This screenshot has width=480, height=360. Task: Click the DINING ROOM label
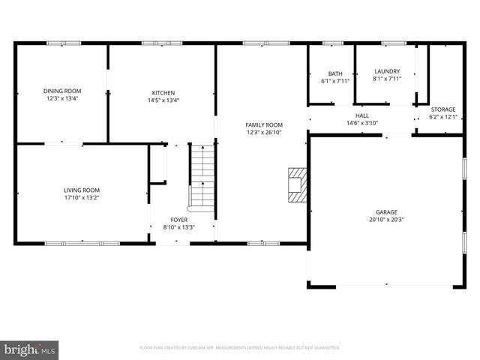coord(61,91)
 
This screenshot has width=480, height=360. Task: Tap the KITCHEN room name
coord(163,91)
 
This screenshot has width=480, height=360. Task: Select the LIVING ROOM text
coord(81,190)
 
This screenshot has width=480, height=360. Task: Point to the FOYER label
coord(178,219)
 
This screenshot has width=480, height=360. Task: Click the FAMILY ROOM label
coord(264,124)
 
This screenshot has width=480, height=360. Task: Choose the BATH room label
coord(335,73)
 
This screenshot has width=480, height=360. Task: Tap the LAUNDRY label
coord(387,71)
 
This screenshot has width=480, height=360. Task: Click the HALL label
coord(361,115)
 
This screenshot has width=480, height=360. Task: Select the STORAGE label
coord(442,109)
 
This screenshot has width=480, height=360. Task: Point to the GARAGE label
coord(386,212)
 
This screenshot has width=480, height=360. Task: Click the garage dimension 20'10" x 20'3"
coord(386,220)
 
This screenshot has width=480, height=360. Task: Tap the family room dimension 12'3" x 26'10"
coord(264,132)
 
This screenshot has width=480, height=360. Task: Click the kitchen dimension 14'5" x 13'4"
coord(163,99)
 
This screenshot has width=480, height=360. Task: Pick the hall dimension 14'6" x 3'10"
coord(361,123)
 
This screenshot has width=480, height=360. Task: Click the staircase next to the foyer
coord(202,176)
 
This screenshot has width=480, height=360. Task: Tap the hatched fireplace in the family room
coord(298,184)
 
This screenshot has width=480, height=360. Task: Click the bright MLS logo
coord(30,349)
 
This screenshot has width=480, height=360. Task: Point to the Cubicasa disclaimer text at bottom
coord(240,348)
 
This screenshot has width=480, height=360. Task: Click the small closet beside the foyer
coord(157,163)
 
